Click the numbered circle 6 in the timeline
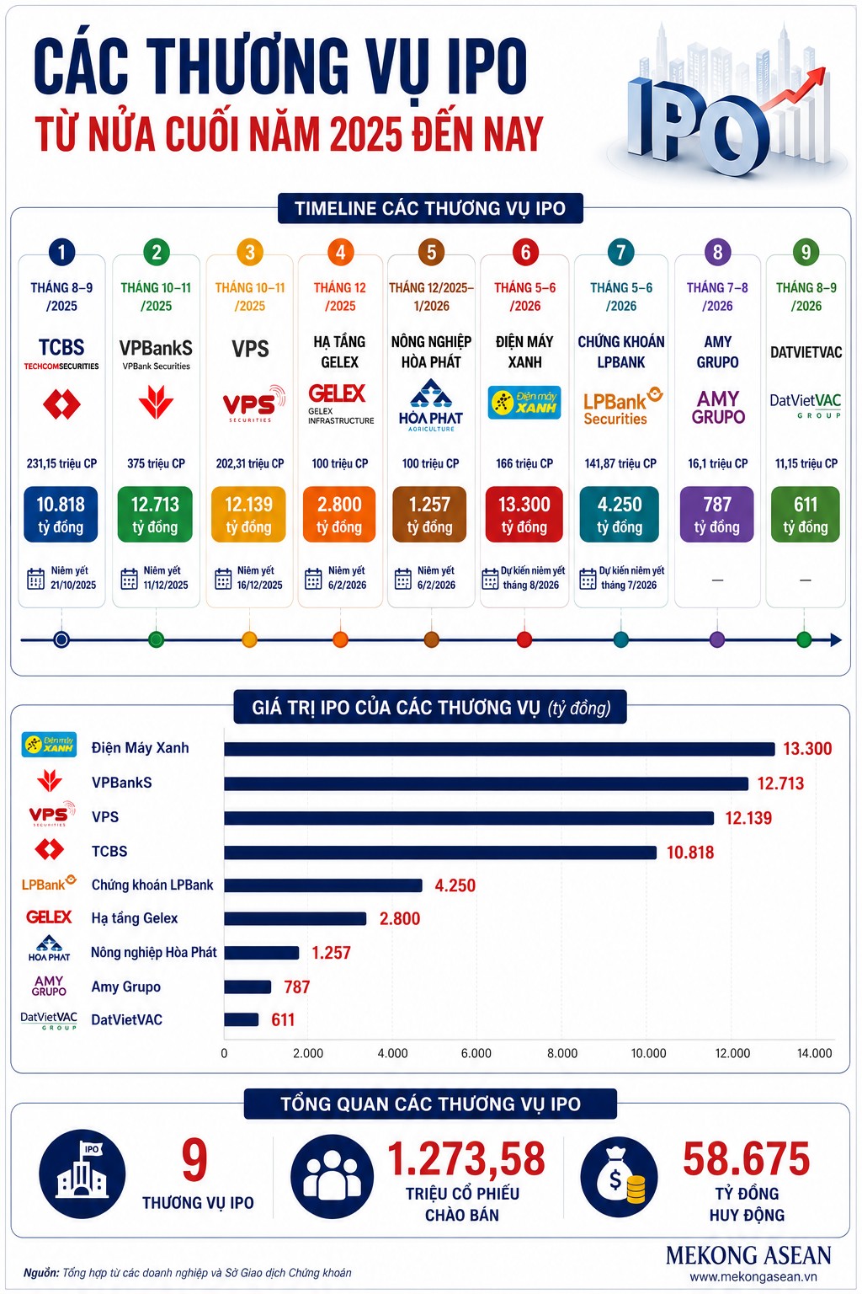[x=524, y=253]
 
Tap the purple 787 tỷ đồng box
[x=716, y=514]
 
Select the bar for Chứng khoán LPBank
[x=323, y=885]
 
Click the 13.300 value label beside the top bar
[x=807, y=749]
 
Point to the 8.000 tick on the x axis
[x=561, y=1053]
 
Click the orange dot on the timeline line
[x=341, y=639]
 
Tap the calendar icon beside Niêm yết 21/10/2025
[x=36, y=578]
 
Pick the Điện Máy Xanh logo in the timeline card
[x=524, y=402]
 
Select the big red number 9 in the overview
[x=194, y=1160]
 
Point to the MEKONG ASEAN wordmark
[x=748, y=1255]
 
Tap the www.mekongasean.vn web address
[x=753, y=1276]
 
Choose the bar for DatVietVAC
[x=242, y=1019]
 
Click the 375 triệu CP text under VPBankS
[x=156, y=463]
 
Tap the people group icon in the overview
[x=332, y=1175]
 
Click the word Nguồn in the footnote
[x=41, y=1273]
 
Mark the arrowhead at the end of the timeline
[x=836, y=639]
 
